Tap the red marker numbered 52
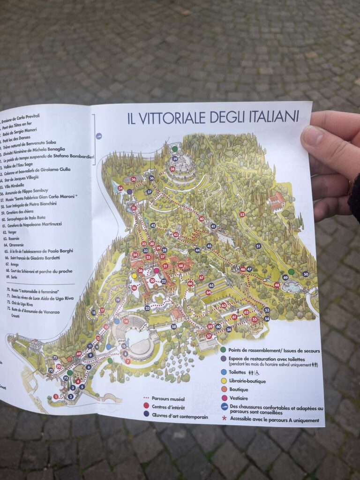tap(242, 215)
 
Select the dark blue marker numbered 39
tap(174, 158)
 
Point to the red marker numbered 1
tap(56, 397)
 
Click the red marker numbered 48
tap(277, 285)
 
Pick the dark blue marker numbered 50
tap(306, 274)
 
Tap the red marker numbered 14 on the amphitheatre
tap(126, 321)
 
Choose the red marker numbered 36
tap(134, 179)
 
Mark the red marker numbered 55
tap(255, 319)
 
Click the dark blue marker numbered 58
tap(173, 326)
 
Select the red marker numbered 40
tap(202, 219)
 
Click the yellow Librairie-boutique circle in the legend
tap(224, 381)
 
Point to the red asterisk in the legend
tap(224, 420)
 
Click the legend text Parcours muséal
tap(165, 399)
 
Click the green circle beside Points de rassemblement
tap(223, 350)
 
